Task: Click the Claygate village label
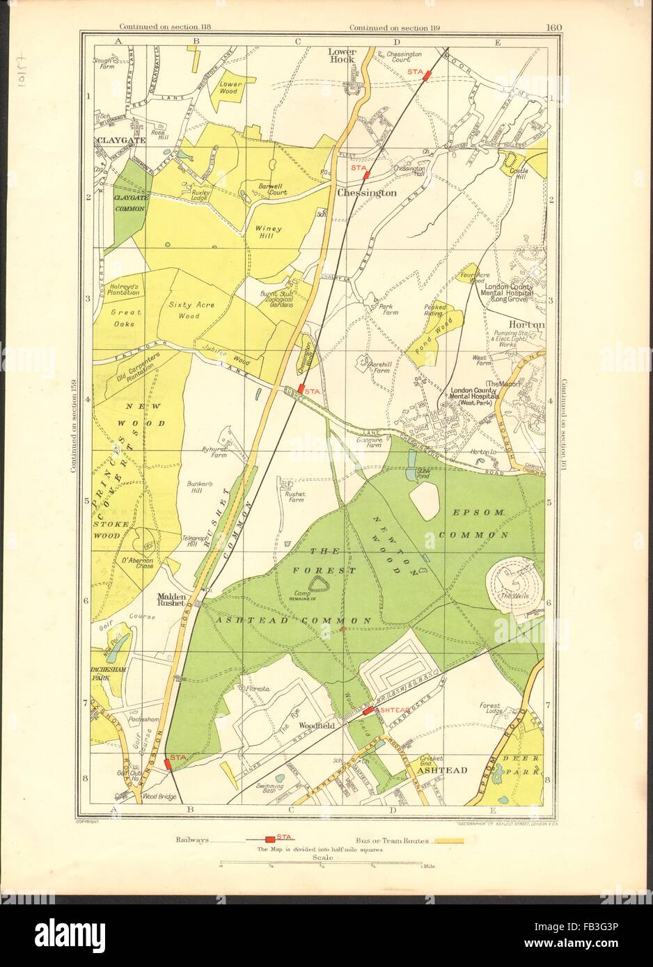coord(111,140)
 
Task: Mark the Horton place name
coord(527,324)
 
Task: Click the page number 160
coord(554,28)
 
